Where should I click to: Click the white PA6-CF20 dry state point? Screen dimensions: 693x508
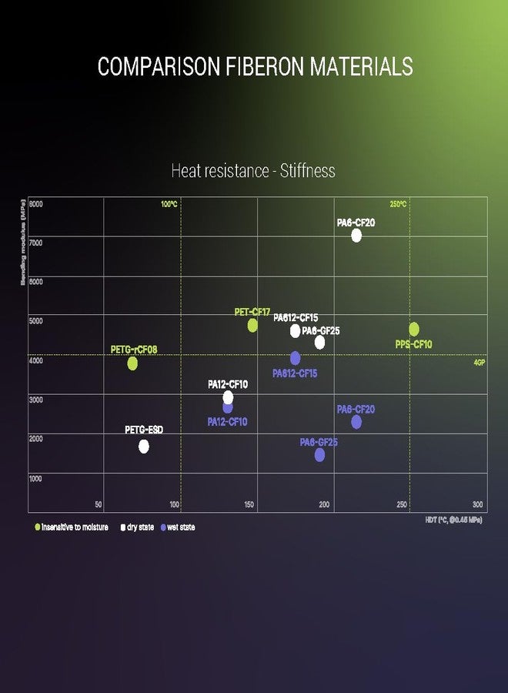click(356, 236)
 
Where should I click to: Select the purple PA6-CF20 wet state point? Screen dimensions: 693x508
click(356, 422)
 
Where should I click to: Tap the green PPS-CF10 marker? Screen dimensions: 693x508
click(414, 330)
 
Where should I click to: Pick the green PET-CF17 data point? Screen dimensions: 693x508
click(252, 325)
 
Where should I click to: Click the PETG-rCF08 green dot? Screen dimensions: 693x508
click(132, 363)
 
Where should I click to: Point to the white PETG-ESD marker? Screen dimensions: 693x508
click(143, 447)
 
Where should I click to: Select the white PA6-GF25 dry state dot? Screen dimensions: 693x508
click(319, 343)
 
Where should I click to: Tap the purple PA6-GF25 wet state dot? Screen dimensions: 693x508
click(319, 455)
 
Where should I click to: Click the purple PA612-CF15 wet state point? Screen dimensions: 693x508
click(295, 358)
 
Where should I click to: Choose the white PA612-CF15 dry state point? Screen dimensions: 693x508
click(295, 331)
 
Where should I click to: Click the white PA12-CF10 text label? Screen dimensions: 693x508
click(228, 384)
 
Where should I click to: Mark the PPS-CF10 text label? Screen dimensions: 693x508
click(414, 344)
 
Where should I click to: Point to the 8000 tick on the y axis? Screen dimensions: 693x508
click(36, 204)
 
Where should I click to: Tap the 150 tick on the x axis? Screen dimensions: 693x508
click(249, 504)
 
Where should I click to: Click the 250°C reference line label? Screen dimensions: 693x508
click(398, 204)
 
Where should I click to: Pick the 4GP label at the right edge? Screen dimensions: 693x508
click(479, 362)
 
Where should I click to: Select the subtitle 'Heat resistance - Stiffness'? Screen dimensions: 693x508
click(253, 170)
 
